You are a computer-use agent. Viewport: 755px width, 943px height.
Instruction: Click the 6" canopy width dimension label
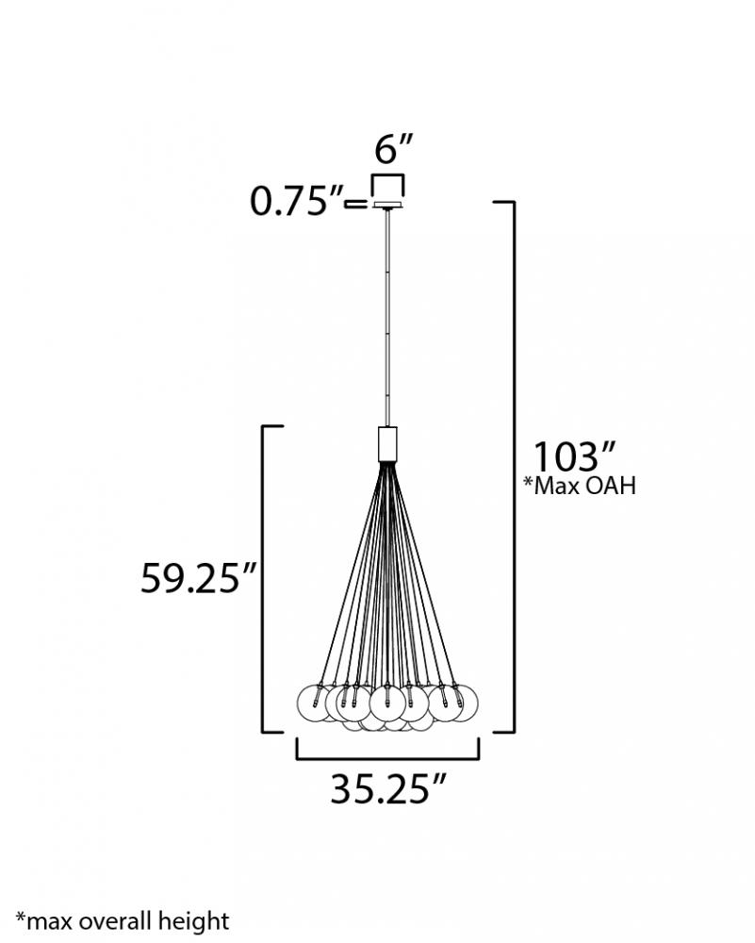pyautogui.click(x=394, y=149)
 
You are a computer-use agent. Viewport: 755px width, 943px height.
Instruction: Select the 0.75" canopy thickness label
pyautogui.click(x=296, y=201)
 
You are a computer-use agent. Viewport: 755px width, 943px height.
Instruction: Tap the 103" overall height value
pyautogui.click(x=575, y=457)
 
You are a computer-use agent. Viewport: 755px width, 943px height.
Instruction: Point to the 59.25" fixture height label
pyautogui.click(x=198, y=578)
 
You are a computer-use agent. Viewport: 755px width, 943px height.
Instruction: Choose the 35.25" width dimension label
pyautogui.click(x=388, y=788)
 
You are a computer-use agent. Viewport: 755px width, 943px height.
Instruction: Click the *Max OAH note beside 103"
pyautogui.click(x=579, y=486)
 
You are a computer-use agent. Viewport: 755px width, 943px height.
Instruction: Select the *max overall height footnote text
pyautogui.click(x=122, y=921)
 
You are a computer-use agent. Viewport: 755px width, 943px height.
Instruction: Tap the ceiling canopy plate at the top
pyautogui.click(x=387, y=206)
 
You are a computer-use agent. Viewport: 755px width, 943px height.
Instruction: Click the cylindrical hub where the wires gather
pyautogui.click(x=387, y=444)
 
